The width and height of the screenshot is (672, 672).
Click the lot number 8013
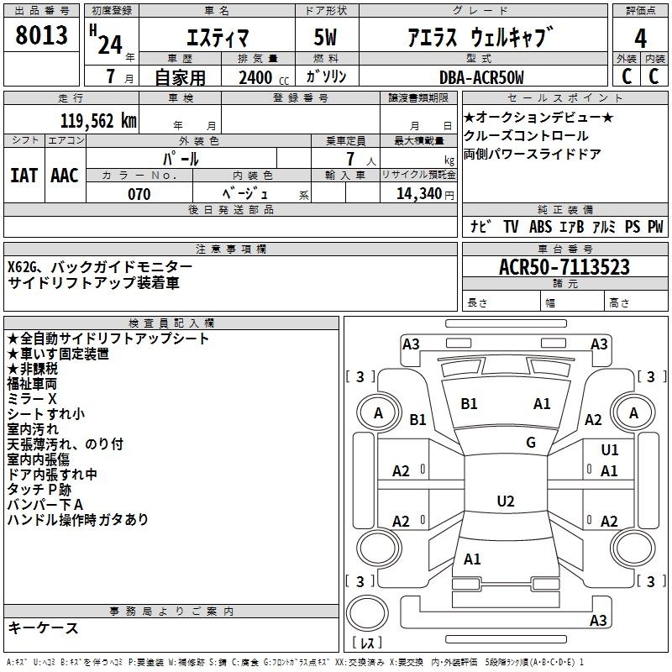(x=41, y=35)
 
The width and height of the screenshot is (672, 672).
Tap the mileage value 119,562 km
(x=98, y=121)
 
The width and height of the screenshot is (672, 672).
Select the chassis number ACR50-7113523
(x=564, y=267)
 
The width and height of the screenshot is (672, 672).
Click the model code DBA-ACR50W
(x=481, y=77)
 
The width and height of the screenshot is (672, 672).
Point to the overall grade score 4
(x=640, y=38)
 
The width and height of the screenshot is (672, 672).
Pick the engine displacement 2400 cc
(x=264, y=77)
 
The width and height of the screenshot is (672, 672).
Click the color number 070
(x=139, y=194)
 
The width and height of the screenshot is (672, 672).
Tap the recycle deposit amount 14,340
(x=418, y=194)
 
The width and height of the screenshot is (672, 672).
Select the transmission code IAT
(x=24, y=176)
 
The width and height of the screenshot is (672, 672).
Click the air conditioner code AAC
(x=65, y=176)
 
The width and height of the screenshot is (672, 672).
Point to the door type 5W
(x=325, y=37)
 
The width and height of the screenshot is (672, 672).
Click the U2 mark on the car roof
(x=506, y=501)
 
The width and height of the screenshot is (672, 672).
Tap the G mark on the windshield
(x=531, y=442)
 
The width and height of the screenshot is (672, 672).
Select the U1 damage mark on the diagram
(x=610, y=449)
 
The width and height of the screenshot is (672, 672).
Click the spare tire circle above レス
(x=367, y=613)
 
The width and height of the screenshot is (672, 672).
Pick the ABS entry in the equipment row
(x=540, y=226)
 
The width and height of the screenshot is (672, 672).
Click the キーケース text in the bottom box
(x=43, y=627)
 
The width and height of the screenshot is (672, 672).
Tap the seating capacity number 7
(x=350, y=159)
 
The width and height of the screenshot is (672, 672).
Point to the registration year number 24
(x=110, y=45)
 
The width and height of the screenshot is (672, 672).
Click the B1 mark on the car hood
(x=469, y=404)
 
